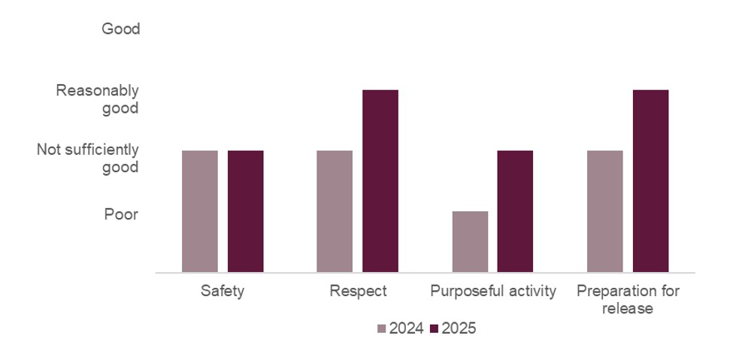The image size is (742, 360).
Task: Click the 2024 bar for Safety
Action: (x=200, y=211)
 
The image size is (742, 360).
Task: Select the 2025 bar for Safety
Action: (x=246, y=211)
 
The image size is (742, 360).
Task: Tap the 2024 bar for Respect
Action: (x=335, y=211)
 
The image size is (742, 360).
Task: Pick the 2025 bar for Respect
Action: (x=380, y=180)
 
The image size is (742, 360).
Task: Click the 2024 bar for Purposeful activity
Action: (x=470, y=241)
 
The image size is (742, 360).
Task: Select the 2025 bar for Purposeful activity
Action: (x=515, y=211)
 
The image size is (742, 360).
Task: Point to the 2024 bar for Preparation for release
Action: (x=604, y=211)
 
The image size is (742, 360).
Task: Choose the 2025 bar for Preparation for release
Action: (x=650, y=180)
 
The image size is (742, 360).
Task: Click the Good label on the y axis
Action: (x=120, y=29)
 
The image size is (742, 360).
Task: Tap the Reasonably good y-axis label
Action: (x=98, y=99)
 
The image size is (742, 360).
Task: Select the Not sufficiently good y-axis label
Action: (x=88, y=159)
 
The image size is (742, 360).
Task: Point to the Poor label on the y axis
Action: (x=121, y=215)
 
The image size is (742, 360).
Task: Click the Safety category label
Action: (x=223, y=292)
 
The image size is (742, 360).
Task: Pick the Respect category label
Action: (x=358, y=292)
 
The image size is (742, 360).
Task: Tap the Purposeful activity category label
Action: (x=492, y=292)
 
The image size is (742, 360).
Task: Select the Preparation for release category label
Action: (x=627, y=299)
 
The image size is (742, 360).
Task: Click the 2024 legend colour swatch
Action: (x=381, y=329)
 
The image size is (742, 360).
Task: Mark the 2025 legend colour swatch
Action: (x=434, y=329)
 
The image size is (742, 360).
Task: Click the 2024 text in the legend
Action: (x=406, y=329)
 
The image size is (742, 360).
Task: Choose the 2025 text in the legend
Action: (x=459, y=329)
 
